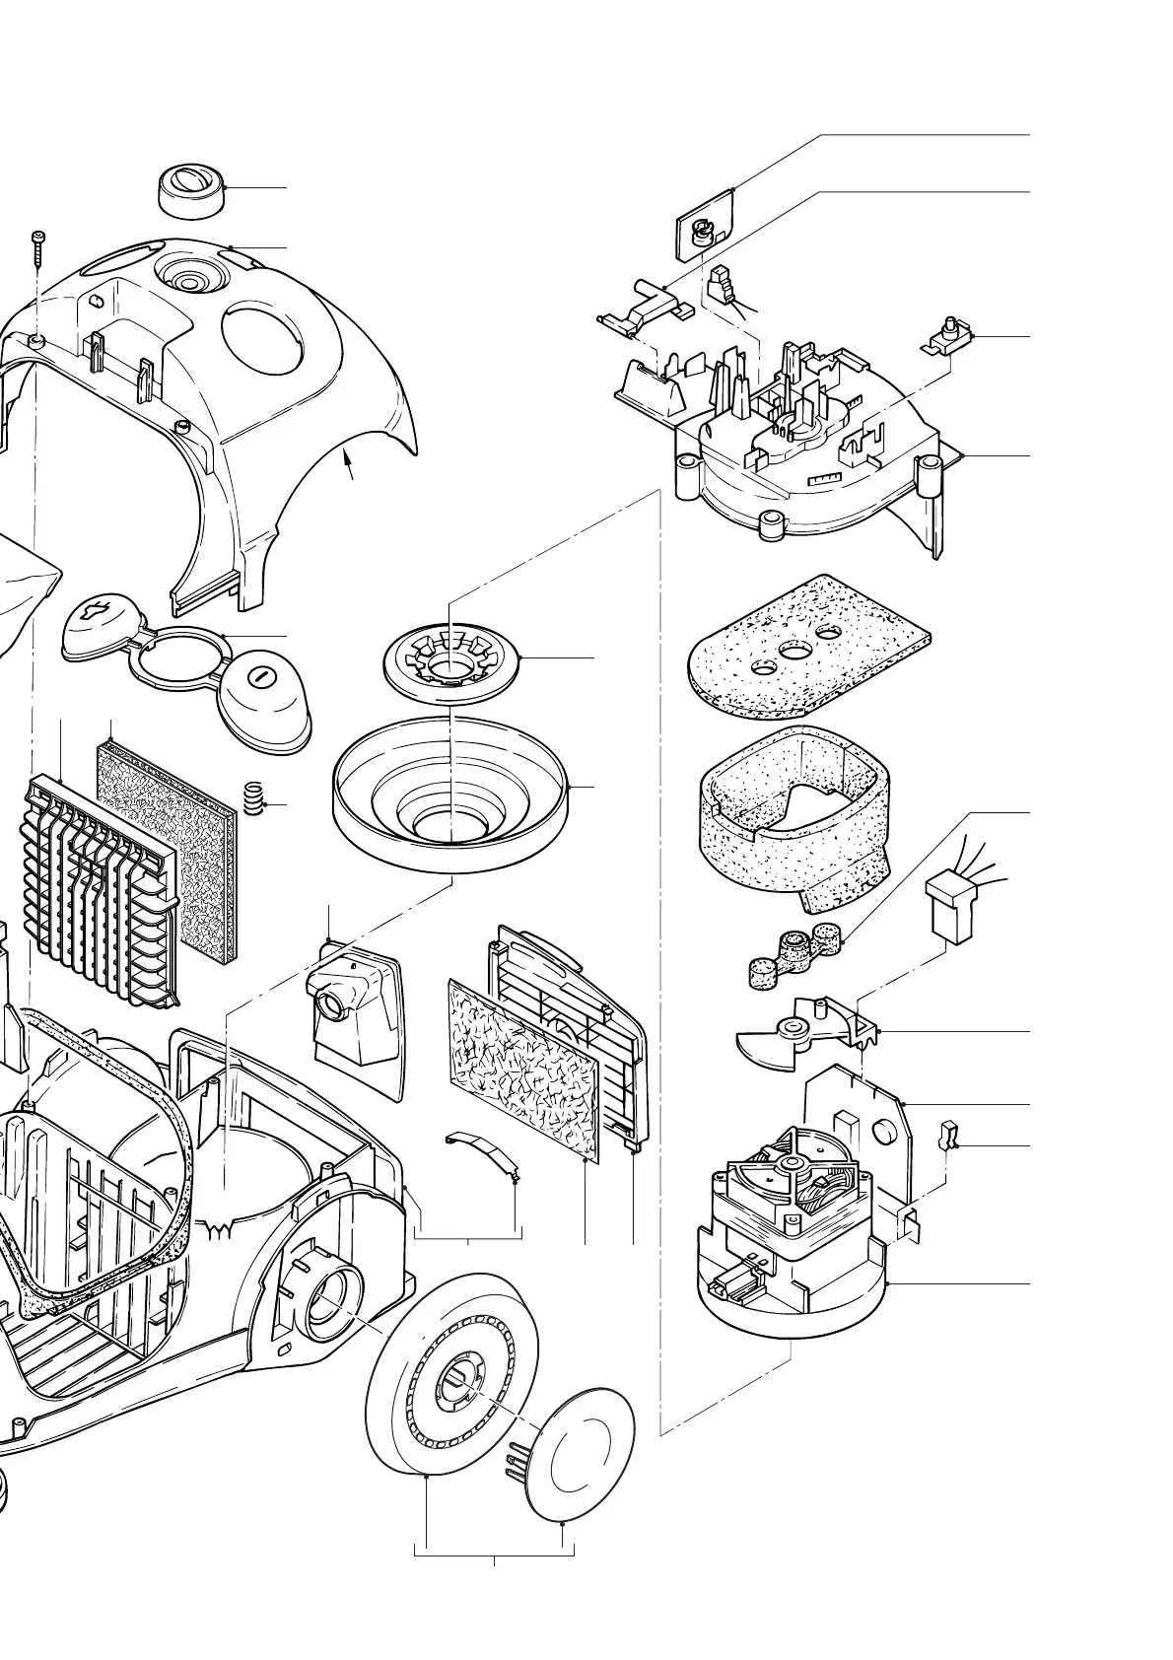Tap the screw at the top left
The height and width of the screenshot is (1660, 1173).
[x=37, y=246]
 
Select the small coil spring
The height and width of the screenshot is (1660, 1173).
[x=254, y=798]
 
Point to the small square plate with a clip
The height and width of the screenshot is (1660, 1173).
[x=706, y=225]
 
